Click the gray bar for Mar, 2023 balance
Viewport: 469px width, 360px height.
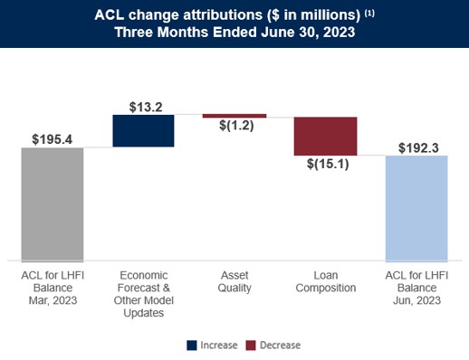(x=53, y=204)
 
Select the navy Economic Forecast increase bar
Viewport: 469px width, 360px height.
(x=143, y=130)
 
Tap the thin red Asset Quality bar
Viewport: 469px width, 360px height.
(x=234, y=116)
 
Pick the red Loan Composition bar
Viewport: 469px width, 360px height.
(x=325, y=136)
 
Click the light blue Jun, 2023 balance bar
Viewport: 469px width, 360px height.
(x=416, y=208)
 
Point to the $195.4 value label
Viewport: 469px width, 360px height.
(x=53, y=139)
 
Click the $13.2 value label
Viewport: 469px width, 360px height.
(x=143, y=106)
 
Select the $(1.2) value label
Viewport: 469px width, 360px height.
(x=234, y=127)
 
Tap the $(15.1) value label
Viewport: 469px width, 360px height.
(x=325, y=165)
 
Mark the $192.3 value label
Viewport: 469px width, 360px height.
(x=416, y=147)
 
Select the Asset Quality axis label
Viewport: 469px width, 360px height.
(x=234, y=281)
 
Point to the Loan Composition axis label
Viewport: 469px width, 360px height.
(x=325, y=281)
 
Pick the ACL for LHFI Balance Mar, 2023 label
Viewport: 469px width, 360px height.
(x=53, y=288)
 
